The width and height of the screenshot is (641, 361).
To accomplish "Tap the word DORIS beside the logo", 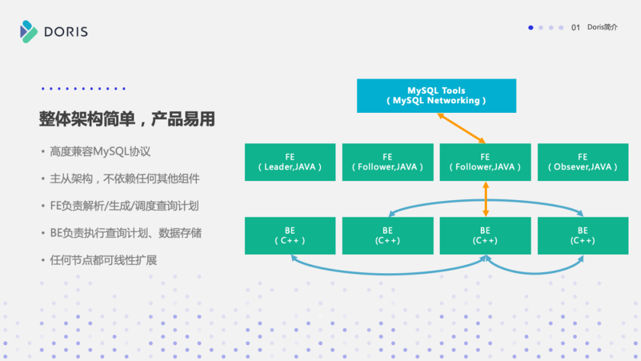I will click(66, 32).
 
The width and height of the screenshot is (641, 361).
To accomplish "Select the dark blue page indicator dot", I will click(531, 27).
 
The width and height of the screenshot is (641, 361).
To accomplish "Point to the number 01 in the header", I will click(575, 27).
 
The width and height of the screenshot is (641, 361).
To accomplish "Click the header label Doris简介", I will click(602, 27).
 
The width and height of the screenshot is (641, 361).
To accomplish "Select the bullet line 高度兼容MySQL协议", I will click(100, 151).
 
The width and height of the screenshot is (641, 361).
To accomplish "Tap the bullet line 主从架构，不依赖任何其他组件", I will click(125, 179).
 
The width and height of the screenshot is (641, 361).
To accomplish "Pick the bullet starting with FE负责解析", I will click(124, 206).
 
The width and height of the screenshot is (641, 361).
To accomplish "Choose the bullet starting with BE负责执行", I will click(125, 233).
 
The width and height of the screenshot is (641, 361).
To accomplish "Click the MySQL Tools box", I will click(436, 96).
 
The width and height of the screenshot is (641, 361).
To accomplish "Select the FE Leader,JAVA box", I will click(290, 162).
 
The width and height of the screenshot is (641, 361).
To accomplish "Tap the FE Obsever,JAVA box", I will click(582, 162).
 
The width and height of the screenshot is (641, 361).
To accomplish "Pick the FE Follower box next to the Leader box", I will click(388, 162).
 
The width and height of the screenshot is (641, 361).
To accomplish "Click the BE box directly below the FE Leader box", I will click(290, 236).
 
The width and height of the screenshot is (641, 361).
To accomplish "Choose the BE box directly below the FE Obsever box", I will click(582, 236).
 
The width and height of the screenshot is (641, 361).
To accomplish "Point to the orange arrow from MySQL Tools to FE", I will click(461, 128).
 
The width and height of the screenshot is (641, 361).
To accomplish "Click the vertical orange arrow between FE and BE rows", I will click(485, 199).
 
